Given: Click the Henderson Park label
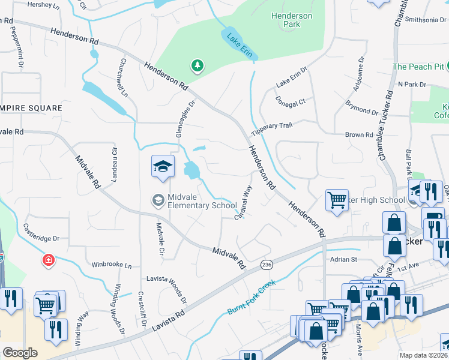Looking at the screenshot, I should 291,20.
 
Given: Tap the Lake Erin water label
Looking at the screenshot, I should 238,45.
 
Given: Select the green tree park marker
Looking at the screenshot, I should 196,65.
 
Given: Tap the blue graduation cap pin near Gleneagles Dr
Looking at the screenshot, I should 163,167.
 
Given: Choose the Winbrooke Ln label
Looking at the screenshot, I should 111,265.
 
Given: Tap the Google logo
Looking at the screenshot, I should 20,353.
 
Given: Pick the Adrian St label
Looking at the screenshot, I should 343,259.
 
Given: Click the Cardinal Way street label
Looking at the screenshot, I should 243,203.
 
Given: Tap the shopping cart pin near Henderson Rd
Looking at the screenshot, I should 337,200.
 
